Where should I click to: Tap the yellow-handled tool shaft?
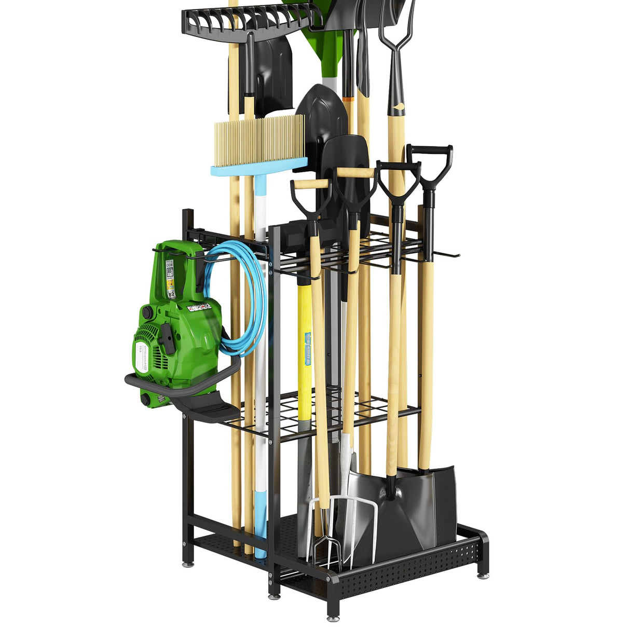point(305,337)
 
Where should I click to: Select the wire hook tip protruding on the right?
point(456,255)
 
